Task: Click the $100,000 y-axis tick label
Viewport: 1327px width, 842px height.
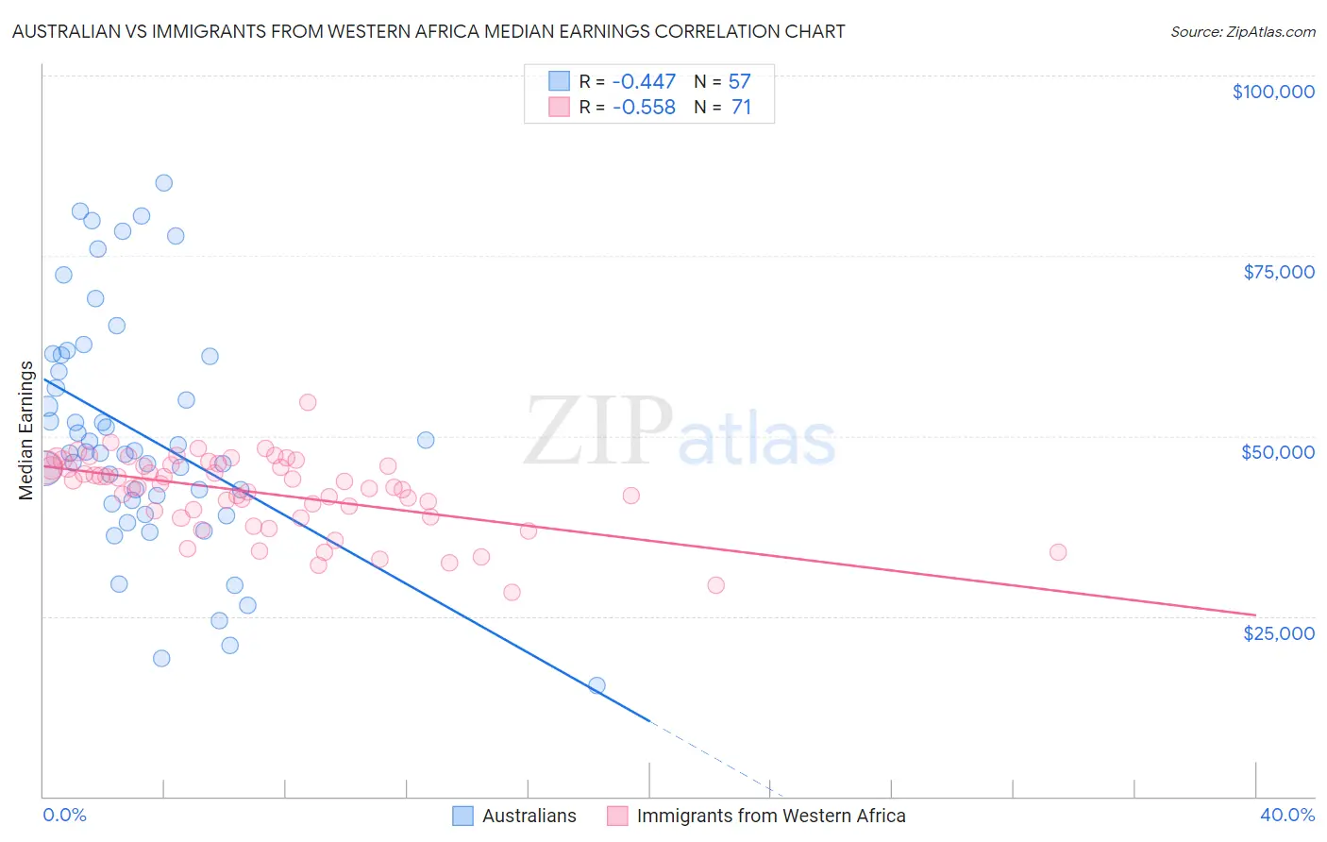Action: [1272, 92]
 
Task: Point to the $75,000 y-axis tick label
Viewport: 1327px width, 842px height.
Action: [1278, 272]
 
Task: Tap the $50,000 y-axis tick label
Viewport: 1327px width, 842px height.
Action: [1277, 452]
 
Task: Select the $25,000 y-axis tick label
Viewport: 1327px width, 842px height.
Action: [1278, 632]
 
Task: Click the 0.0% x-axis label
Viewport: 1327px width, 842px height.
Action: [64, 815]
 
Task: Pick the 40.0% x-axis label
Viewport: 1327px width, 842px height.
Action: [1286, 815]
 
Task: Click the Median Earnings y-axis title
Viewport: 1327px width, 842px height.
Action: [25, 430]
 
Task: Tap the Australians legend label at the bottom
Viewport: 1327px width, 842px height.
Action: [529, 816]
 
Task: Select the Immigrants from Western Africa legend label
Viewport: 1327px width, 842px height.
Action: [770, 816]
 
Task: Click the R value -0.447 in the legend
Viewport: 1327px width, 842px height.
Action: [644, 82]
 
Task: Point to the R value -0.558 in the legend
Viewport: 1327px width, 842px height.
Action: [644, 108]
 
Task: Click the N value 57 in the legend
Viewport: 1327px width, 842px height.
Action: [739, 82]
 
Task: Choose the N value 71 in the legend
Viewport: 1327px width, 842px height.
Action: [741, 108]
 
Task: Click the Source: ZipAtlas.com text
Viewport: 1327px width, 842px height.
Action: [1242, 32]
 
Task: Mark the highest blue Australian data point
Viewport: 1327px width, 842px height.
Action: [163, 183]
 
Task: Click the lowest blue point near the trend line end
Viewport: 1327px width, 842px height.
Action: [596, 685]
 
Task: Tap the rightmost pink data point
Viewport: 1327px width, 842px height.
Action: [1058, 552]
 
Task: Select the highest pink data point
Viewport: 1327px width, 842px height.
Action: [307, 402]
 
